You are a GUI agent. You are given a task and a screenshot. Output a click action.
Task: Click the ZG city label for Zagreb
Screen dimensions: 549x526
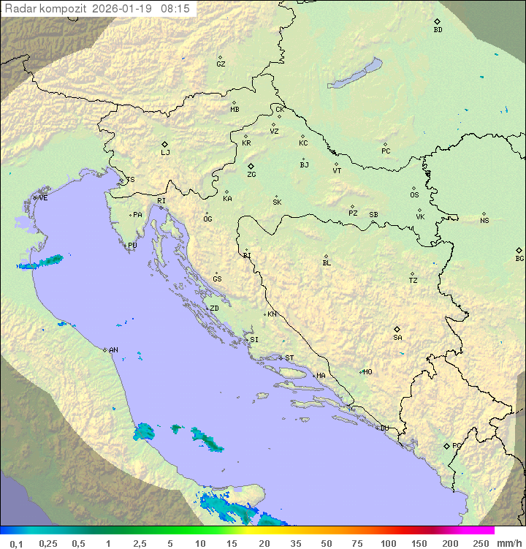[251, 175]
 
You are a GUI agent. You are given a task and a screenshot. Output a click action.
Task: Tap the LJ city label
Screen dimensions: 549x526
[165, 153]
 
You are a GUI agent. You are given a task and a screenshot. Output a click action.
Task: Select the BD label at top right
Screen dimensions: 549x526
[438, 30]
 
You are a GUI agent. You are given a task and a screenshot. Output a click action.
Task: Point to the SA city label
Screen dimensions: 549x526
[397, 338]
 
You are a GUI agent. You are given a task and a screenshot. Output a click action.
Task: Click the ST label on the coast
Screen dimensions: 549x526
[289, 358]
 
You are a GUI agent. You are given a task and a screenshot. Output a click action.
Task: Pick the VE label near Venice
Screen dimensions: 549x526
[43, 198]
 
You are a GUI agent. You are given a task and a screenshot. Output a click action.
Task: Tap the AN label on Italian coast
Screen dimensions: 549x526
[113, 350]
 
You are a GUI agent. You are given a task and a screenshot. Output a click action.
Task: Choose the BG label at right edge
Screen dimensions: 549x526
[519, 259]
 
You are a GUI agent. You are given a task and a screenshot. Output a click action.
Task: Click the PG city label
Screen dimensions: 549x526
[457, 445]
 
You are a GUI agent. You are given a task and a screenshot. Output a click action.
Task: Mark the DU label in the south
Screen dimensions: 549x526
[384, 428]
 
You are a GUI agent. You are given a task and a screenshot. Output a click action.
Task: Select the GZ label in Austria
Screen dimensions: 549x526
[221, 64]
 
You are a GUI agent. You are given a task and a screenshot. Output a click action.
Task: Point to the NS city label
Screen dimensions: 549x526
[484, 221]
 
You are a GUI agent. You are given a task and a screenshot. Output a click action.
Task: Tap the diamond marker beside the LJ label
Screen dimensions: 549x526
[165, 144]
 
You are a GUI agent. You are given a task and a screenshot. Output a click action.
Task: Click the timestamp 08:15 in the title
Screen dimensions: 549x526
[175, 9]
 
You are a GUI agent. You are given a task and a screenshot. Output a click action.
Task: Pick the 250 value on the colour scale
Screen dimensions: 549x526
[481, 543]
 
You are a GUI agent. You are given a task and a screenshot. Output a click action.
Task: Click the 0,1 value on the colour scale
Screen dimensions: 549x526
[16, 543]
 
